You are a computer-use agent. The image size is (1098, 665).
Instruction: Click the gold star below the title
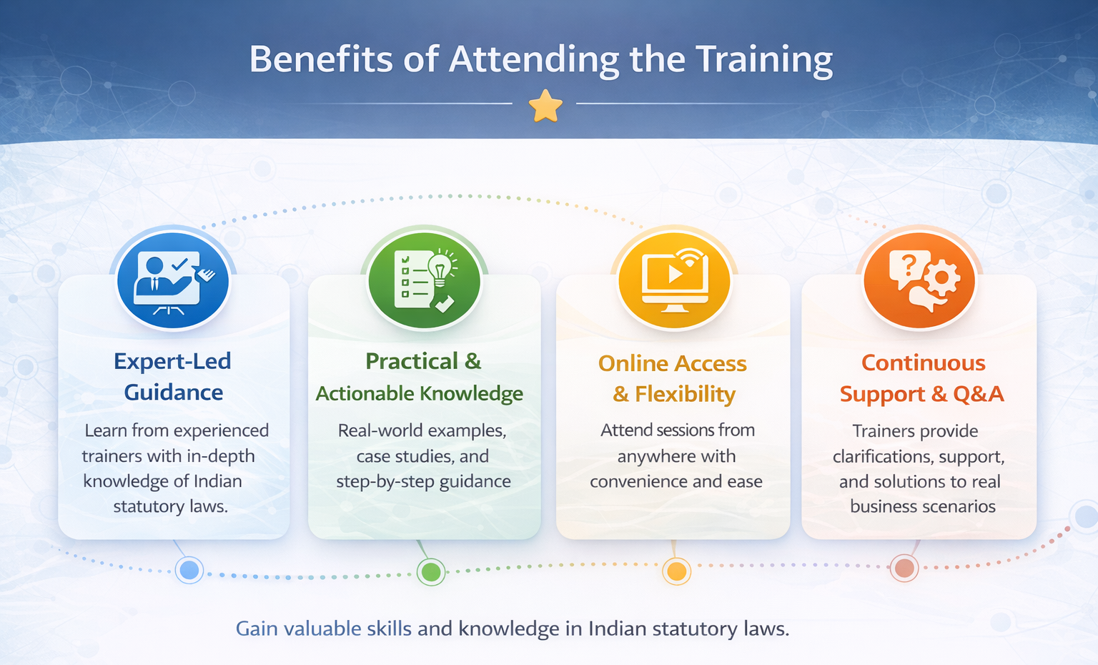(x=545, y=105)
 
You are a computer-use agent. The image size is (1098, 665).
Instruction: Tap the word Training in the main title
(x=765, y=60)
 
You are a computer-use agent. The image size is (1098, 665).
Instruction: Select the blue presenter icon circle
(x=173, y=280)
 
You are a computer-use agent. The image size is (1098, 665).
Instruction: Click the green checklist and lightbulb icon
(x=425, y=280)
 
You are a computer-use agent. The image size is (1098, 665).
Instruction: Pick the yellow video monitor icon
(x=675, y=280)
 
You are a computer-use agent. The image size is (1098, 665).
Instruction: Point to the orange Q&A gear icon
(x=919, y=280)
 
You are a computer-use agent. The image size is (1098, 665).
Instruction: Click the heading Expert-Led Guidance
(x=172, y=377)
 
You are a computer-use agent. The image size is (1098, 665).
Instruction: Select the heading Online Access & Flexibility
(x=673, y=378)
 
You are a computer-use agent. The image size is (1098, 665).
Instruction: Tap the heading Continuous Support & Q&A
(x=922, y=378)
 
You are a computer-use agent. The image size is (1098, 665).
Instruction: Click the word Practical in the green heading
(x=412, y=361)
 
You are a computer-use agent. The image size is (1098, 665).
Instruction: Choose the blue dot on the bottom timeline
(x=189, y=570)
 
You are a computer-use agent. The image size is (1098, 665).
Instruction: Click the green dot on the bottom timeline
(x=431, y=571)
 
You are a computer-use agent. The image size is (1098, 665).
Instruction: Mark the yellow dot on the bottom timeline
(x=676, y=571)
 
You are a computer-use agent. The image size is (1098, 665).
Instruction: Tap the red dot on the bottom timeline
(x=904, y=568)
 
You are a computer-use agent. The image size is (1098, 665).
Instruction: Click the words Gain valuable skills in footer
(x=324, y=629)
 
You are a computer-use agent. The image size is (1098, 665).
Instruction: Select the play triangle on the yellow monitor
(x=676, y=274)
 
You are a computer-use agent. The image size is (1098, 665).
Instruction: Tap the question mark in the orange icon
(x=909, y=266)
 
